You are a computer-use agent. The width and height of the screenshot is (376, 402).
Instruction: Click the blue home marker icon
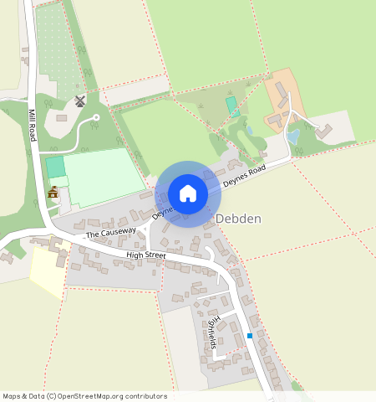pos(188,193)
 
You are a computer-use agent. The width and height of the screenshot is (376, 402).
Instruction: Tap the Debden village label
pos(239,219)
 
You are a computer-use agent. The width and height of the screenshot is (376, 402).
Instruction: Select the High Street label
pos(145,254)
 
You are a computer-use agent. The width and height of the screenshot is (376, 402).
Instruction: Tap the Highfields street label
pos(213,332)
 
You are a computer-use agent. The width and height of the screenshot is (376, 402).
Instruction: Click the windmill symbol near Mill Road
pos(80,101)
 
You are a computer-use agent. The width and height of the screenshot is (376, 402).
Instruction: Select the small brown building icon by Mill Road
pos(53,193)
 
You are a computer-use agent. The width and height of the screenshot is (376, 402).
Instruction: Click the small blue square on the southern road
pos(250,337)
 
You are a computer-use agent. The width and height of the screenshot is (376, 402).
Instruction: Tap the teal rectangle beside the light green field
pos(55,167)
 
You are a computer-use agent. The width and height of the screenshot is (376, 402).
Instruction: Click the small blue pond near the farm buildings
pos(292,137)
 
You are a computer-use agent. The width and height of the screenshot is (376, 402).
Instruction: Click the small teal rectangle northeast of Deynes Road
pos(231,106)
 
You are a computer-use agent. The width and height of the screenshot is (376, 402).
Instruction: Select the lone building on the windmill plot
pos(61,117)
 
